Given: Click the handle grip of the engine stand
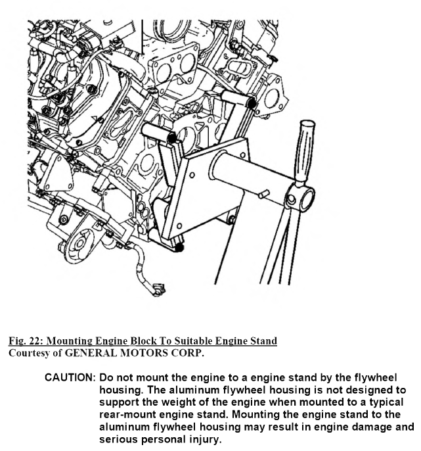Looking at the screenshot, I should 304,147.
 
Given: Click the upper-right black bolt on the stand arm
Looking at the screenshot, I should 251,103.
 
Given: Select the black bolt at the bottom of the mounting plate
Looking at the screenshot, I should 179,249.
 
